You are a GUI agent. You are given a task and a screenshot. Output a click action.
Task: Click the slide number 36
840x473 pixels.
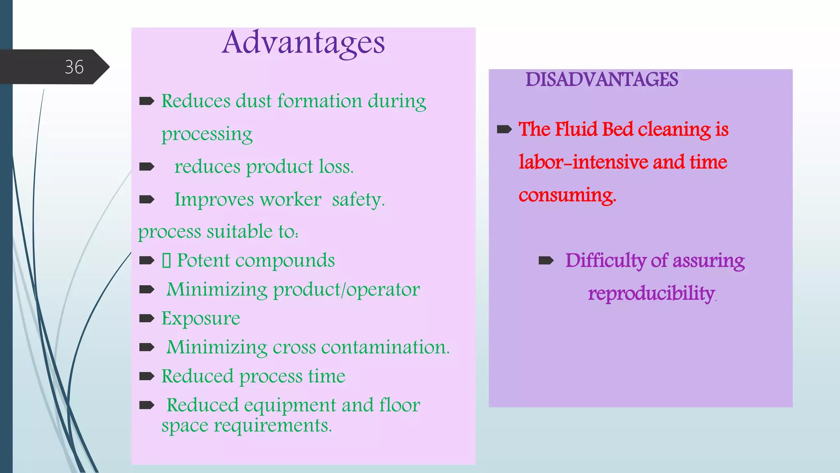pos(74,67)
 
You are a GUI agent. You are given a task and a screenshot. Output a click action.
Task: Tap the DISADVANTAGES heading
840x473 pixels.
pos(602,79)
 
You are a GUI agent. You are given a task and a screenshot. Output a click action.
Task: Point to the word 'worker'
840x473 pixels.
pos(290,200)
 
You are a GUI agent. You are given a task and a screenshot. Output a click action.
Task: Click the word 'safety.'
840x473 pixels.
pos(358,200)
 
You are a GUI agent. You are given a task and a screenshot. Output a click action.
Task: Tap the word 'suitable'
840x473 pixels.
pos(240,232)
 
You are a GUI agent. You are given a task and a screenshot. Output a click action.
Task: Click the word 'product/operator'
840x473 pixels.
pos(347,290)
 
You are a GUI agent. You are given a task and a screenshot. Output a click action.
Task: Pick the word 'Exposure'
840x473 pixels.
pos(201,319)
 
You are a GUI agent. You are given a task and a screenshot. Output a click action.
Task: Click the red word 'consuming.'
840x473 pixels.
pos(567,195)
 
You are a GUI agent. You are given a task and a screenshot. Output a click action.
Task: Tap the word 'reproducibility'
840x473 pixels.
pos(651,294)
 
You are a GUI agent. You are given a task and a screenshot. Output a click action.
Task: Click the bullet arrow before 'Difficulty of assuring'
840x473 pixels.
pos(546,260)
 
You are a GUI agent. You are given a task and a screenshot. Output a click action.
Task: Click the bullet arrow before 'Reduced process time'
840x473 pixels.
pos(147,376)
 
